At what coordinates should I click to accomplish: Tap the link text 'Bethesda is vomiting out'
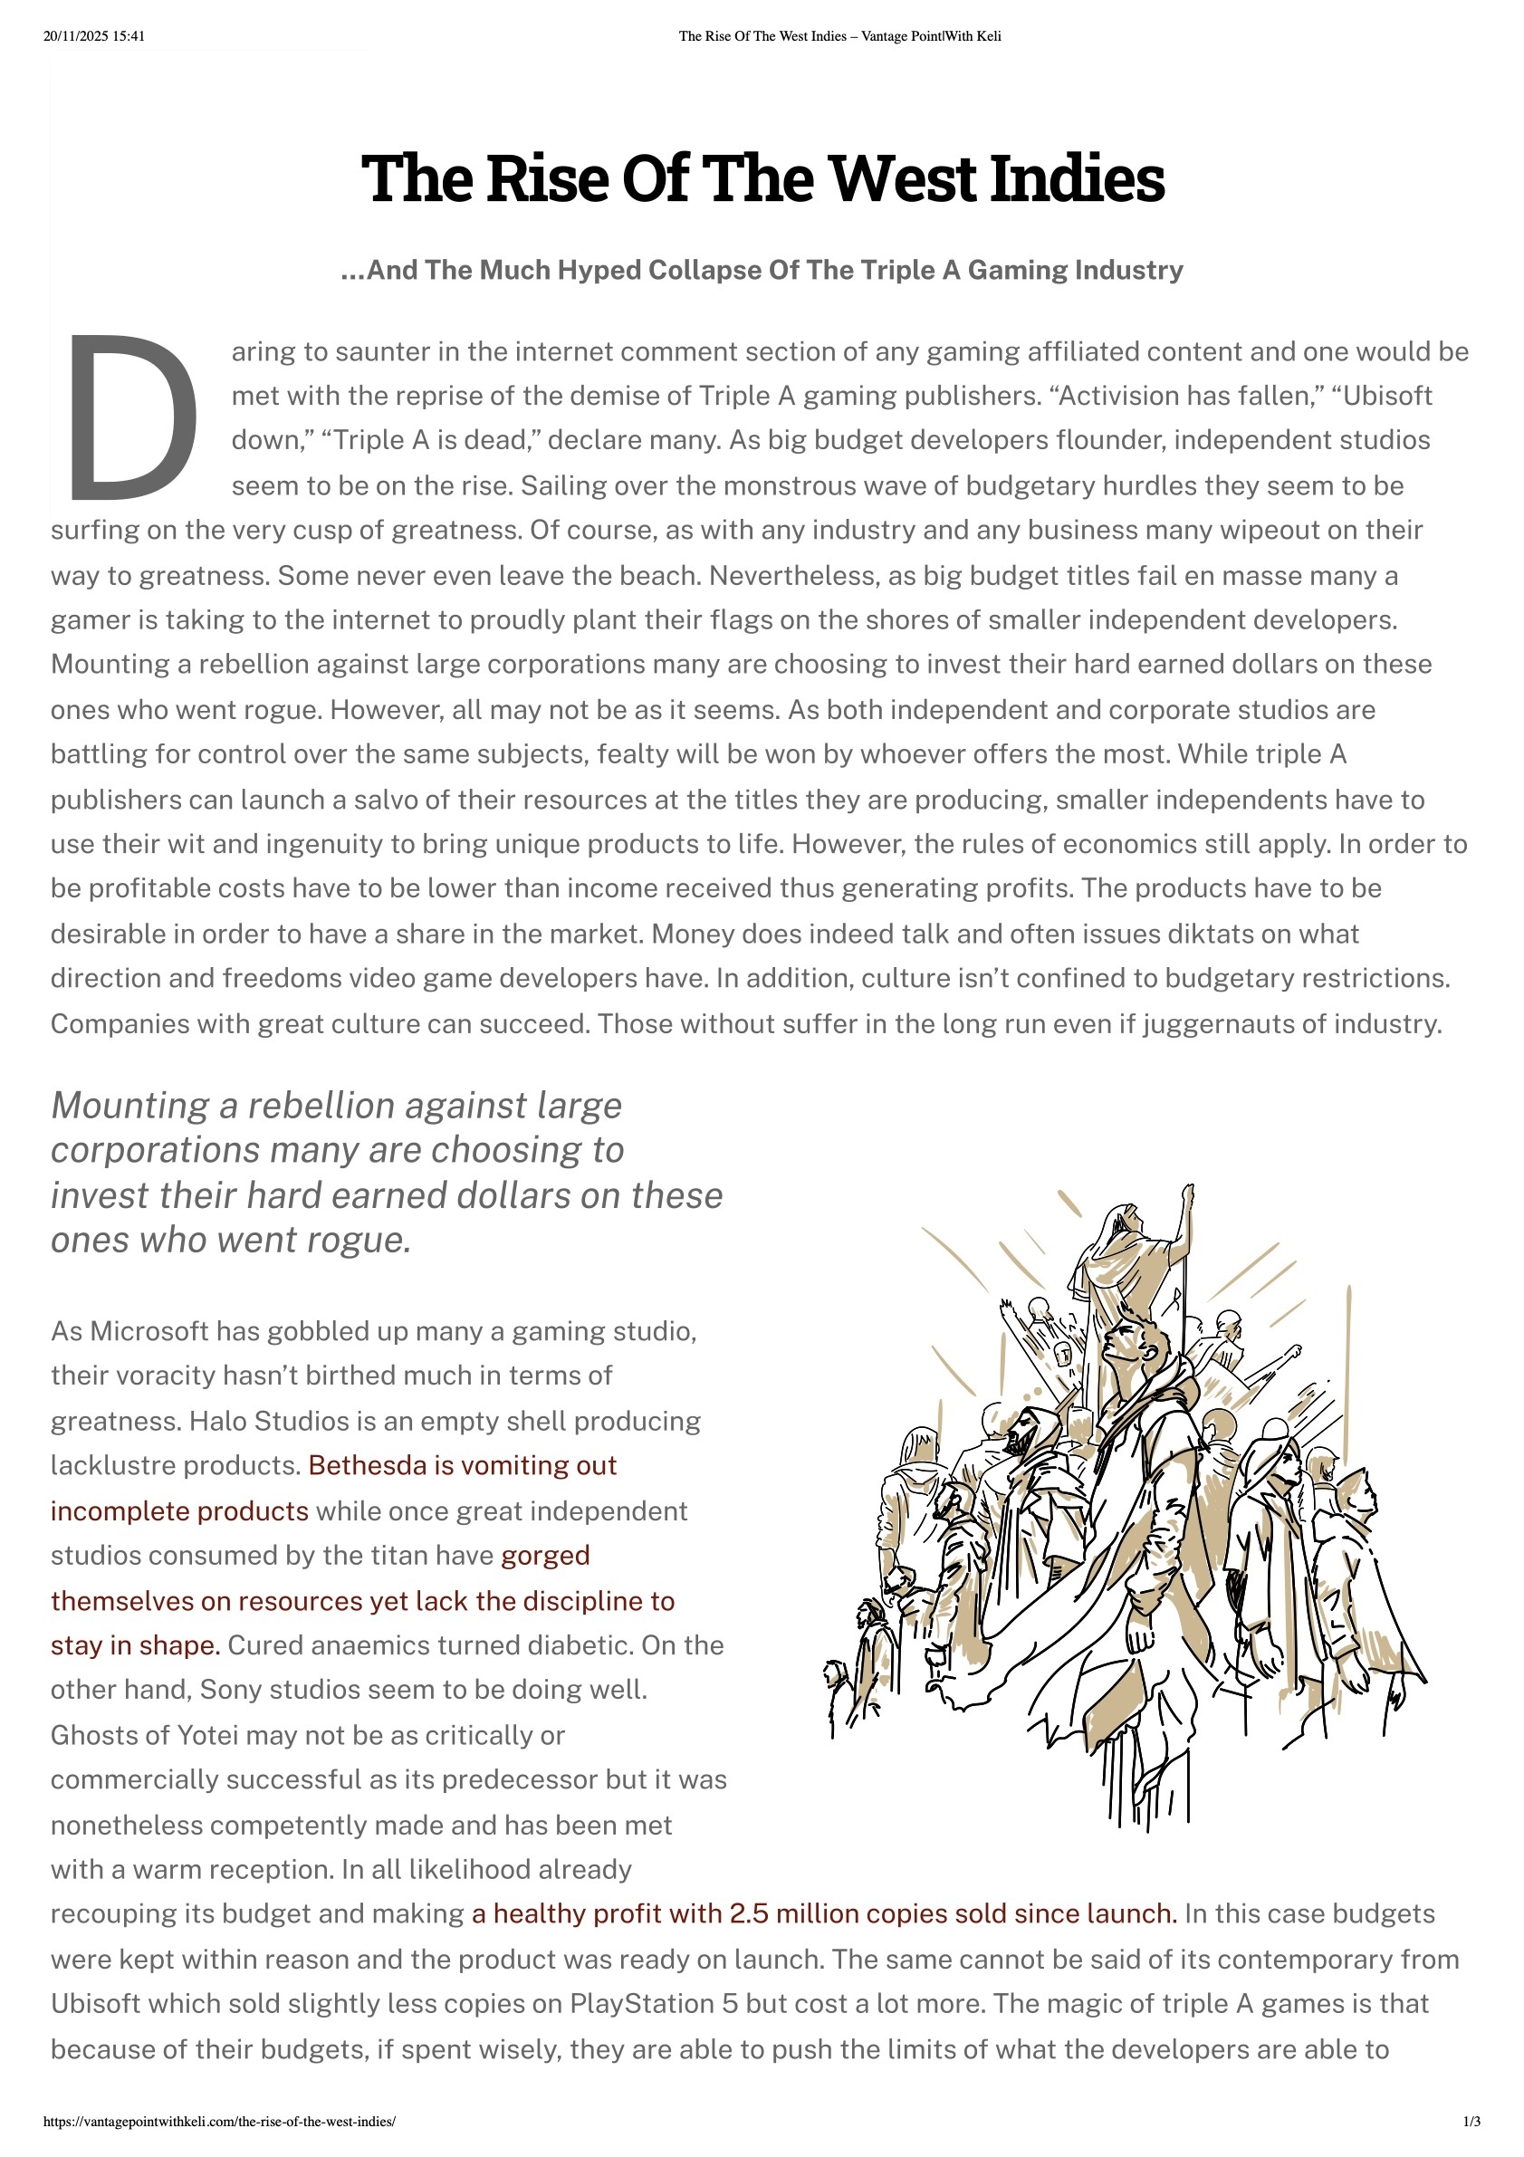pyautogui.click(x=463, y=1465)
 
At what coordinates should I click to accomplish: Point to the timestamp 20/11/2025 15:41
pyautogui.click(x=94, y=36)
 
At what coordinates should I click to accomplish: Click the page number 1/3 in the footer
pyautogui.click(x=1472, y=2122)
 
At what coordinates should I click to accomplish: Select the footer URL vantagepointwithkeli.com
pyautogui.click(x=220, y=2122)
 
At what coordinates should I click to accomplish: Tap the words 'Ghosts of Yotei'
pyautogui.click(x=144, y=1735)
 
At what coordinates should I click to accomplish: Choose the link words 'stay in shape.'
pyautogui.click(x=135, y=1645)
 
